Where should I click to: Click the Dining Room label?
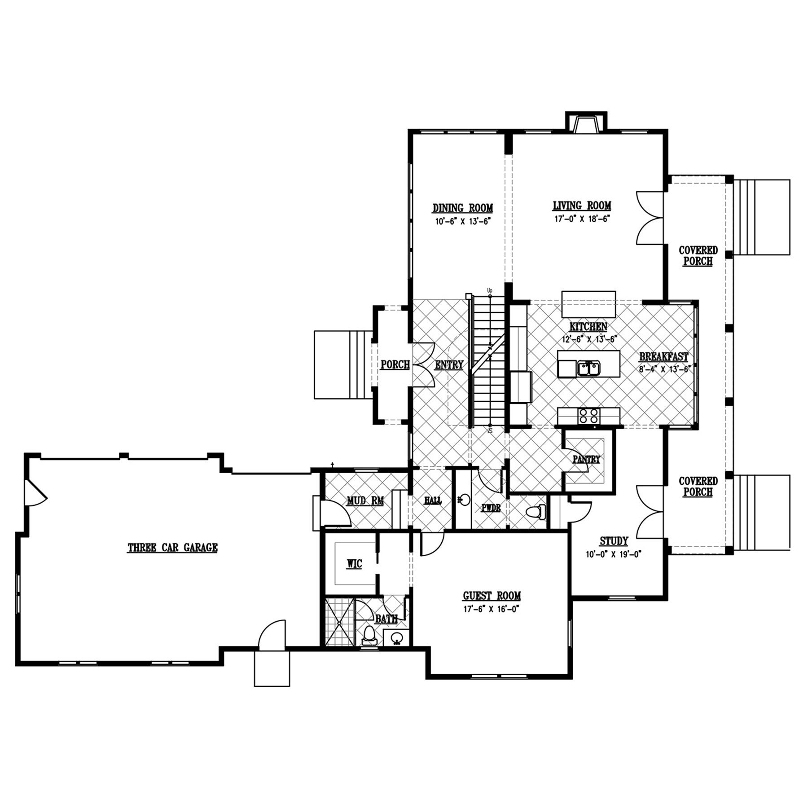coord(462,208)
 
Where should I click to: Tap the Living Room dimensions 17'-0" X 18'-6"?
coord(582,219)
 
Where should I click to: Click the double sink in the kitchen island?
coord(588,368)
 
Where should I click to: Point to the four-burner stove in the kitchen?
coord(588,416)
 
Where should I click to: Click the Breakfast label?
coord(663,357)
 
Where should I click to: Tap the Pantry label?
coord(586,459)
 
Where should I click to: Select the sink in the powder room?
coord(464,499)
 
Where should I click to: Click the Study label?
coord(614,541)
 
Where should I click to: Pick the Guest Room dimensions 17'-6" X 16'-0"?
coord(492,609)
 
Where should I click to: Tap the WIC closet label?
coord(354,564)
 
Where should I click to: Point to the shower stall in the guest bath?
coord(339,622)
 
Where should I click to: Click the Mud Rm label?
coord(365,500)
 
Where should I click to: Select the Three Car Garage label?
coord(173,548)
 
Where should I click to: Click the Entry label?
coord(449,365)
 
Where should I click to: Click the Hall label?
coord(433,500)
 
